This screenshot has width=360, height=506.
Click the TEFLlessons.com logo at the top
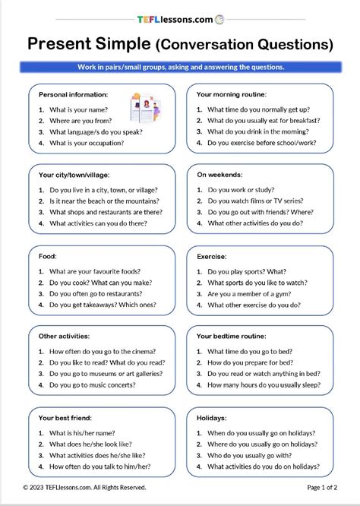point(180,21)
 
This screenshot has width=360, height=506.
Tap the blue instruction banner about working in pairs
point(180,68)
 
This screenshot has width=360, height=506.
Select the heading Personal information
point(73,95)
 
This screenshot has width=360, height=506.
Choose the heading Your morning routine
point(232,95)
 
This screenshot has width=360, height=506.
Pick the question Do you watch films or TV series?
point(262,201)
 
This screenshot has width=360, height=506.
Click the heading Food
point(48,257)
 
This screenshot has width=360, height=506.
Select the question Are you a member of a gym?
point(253,293)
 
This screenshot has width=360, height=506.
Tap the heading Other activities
point(64,335)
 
